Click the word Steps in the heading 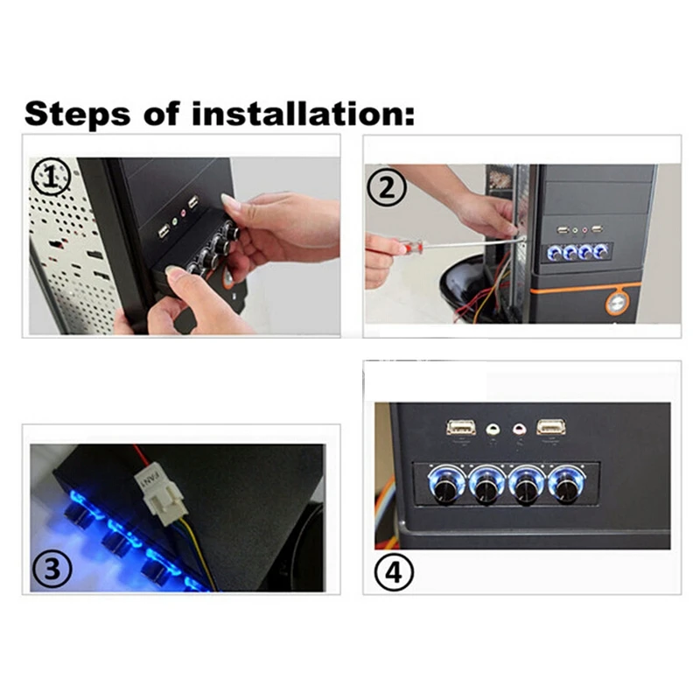tap(78, 115)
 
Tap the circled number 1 tap(51, 178)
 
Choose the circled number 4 tap(394, 572)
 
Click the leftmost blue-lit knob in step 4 tap(446, 484)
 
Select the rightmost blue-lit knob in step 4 tap(566, 484)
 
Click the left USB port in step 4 tap(461, 427)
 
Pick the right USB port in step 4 tap(551, 427)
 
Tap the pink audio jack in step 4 tap(519, 430)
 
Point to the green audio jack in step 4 tap(493, 430)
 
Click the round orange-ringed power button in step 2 tap(618, 303)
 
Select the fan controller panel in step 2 tap(577, 252)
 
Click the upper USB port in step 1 tap(193, 203)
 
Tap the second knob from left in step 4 tap(486, 484)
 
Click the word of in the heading tap(161, 114)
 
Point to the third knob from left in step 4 tap(527, 484)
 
